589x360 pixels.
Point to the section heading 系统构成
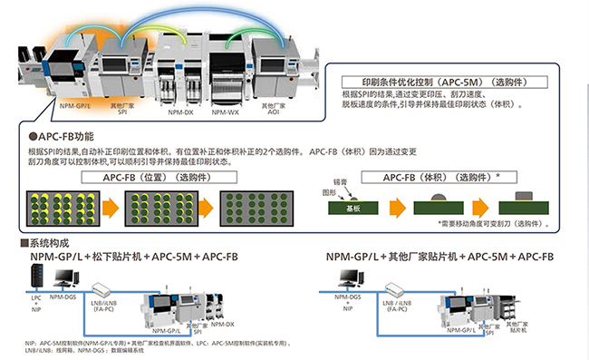(x=48, y=244)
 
